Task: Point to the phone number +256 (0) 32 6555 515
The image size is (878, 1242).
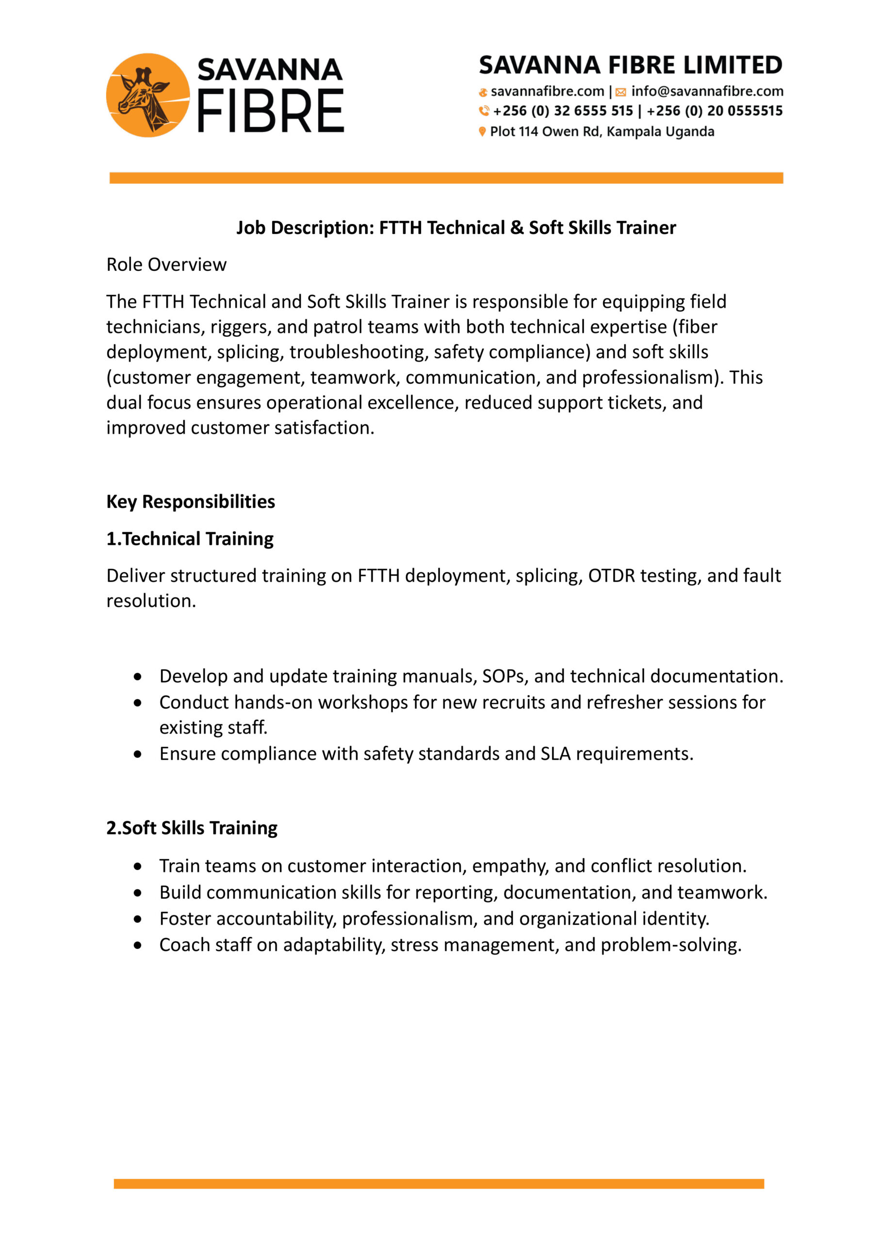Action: pos(563,111)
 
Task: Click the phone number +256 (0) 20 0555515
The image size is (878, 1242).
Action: pos(714,111)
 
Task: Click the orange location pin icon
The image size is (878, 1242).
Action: pos(482,131)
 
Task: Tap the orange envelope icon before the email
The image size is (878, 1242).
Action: pos(620,93)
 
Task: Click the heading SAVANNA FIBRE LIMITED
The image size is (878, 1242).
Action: pos(630,65)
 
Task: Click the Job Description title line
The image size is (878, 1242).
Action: pos(456,228)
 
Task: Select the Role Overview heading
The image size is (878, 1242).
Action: pos(166,264)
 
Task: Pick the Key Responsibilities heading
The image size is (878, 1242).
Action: pos(191,502)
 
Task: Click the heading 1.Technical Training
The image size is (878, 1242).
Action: pos(190,539)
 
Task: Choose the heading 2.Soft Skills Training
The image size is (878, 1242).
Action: pos(192,828)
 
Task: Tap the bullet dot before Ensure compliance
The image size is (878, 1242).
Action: pos(138,754)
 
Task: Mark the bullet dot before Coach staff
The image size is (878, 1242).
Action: pos(138,945)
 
